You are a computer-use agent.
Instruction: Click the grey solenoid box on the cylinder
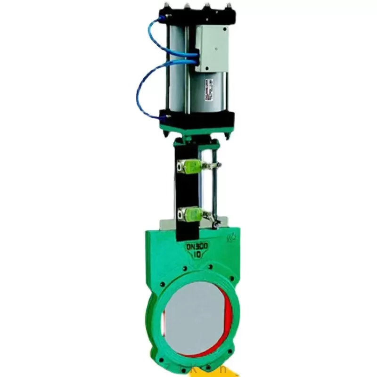(213, 47)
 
